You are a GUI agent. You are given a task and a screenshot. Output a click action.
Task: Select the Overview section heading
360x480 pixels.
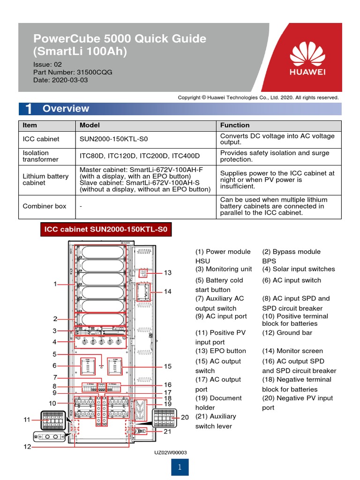point(66,109)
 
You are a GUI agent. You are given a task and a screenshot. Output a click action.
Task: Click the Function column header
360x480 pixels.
point(235,125)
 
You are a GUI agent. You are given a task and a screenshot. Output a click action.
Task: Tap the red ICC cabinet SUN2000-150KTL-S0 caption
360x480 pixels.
point(106,230)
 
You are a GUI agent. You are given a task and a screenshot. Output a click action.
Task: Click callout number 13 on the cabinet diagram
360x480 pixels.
point(167,273)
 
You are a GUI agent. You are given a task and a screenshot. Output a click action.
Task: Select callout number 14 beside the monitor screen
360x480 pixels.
point(167,292)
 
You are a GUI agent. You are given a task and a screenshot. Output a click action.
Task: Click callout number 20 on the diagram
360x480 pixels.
point(185,417)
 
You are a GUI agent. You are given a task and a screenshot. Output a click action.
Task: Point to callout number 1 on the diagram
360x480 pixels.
point(55,284)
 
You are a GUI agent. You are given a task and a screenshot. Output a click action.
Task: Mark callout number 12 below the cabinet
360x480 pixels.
point(28,447)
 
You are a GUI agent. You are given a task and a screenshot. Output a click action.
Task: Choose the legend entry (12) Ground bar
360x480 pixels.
point(287,333)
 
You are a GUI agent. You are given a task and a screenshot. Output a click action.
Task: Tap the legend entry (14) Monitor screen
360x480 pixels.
point(292,351)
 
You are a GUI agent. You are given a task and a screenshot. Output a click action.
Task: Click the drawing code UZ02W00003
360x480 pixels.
point(171,452)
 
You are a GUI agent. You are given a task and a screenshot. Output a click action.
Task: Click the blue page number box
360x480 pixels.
point(180,467)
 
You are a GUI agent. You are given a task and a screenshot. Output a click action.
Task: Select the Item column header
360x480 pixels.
point(30,125)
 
